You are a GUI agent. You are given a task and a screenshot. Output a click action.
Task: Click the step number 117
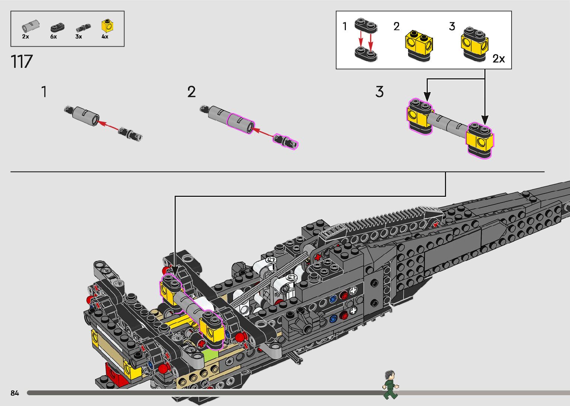click(x=22, y=62)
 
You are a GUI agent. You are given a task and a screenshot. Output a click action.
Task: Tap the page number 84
click(x=15, y=393)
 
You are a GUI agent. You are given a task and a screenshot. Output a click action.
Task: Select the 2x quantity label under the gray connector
click(x=25, y=37)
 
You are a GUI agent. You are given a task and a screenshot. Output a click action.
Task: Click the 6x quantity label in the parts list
click(x=54, y=37)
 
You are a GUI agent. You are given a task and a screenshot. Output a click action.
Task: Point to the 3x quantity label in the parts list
click(x=79, y=37)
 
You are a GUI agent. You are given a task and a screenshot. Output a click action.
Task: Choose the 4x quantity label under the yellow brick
click(x=105, y=37)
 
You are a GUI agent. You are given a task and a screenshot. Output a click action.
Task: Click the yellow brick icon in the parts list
click(x=107, y=26)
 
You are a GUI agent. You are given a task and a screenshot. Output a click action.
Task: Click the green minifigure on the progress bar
click(x=390, y=385)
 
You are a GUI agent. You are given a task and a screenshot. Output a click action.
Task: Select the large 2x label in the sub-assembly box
click(x=499, y=59)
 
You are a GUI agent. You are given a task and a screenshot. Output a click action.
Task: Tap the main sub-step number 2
click(x=191, y=92)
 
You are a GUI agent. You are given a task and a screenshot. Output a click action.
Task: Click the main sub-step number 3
click(x=379, y=92)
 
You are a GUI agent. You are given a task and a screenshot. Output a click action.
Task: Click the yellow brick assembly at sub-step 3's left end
click(x=420, y=116)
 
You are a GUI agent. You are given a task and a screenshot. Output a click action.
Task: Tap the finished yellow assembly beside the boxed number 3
click(x=474, y=44)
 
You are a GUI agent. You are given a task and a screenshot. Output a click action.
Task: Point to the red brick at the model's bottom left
click(x=115, y=374)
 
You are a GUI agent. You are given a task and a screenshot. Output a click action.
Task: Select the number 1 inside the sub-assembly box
click(x=345, y=26)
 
